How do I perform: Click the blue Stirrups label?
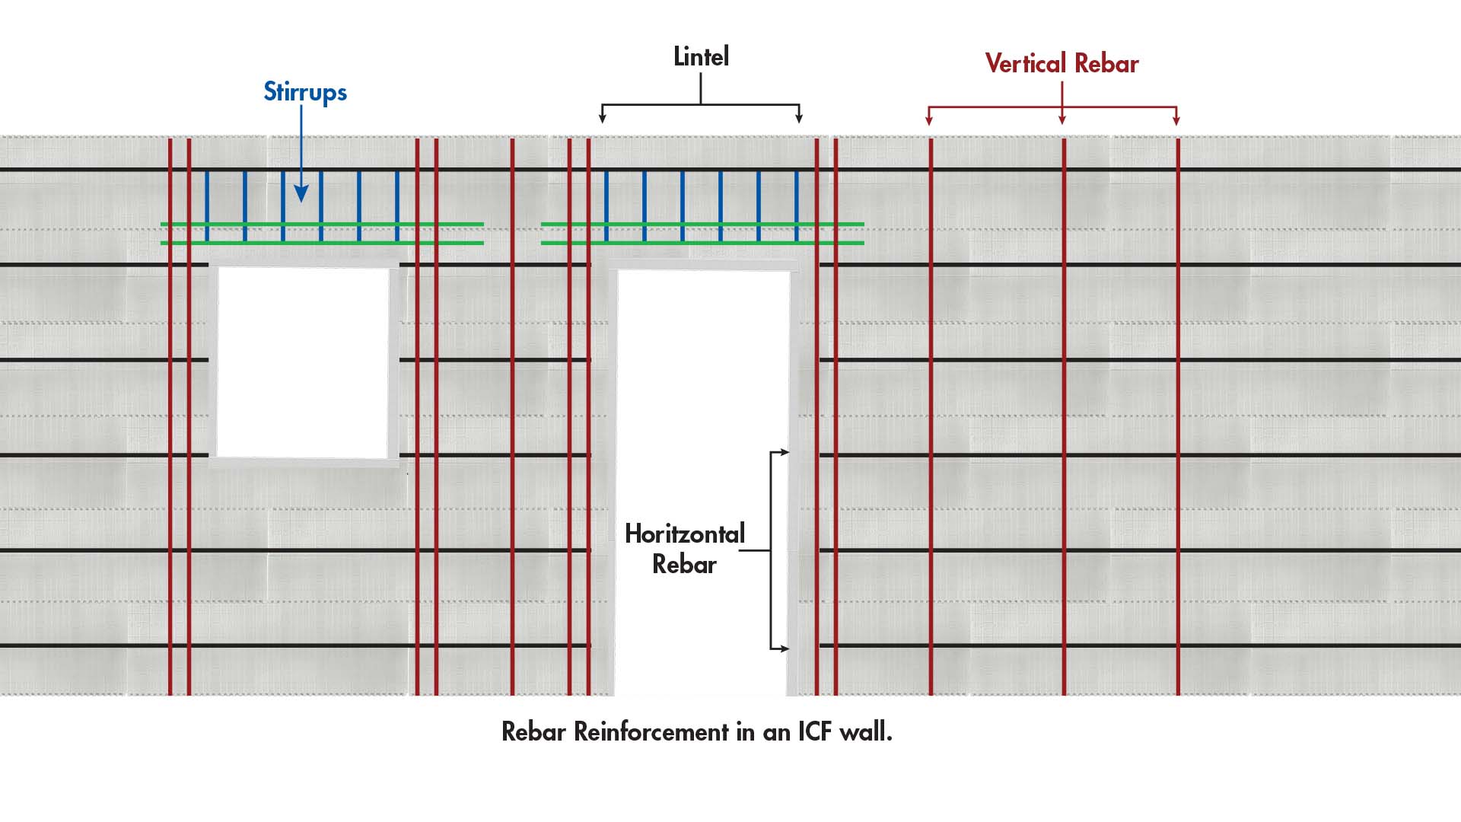(x=305, y=92)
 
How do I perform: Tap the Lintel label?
(x=701, y=56)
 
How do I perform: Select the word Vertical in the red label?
(x=1025, y=63)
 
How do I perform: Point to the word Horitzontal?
(x=684, y=534)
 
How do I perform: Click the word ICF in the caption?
(x=814, y=731)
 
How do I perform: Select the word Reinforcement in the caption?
(x=651, y=731)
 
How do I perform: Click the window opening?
(x=304, y=362)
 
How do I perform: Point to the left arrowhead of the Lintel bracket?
(x=603, y=118)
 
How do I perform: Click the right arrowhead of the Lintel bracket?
(x=799, y=118)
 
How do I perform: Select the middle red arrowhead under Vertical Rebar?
(x=1062, y=119)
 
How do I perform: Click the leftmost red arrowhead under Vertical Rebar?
(x=929, y=119)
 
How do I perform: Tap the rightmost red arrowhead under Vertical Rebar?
(x=1176, y=119)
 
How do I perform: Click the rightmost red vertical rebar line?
(x=1178, y=419)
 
